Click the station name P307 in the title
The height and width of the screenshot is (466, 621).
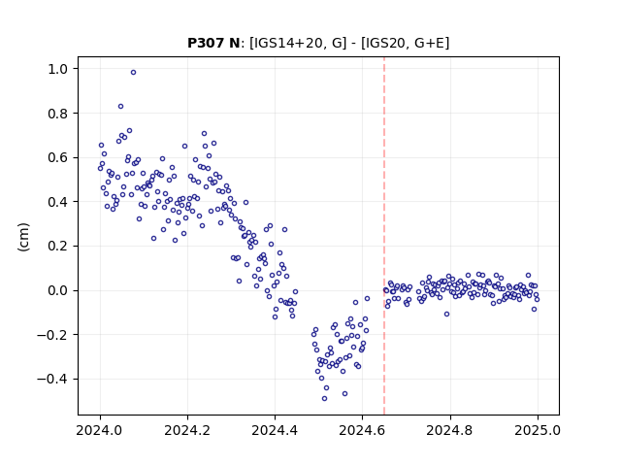[x=207, y=43]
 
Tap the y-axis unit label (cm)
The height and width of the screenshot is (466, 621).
[x=23, y=237]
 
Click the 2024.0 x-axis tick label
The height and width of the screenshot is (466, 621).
[x=100, y=430]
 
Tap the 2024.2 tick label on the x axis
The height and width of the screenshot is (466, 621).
[x=187, y=430]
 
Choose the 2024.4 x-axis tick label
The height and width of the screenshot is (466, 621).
[x=275, y=430]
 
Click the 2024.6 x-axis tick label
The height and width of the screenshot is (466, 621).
[x=362, y=430]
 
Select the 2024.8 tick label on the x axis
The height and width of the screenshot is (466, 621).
[x=449, y=430]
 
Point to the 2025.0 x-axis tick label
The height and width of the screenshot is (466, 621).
[x=538, y=430]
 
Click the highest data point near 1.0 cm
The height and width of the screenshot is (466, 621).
[x=134, y=73]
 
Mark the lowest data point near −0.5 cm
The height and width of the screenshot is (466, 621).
[x=324, y=399]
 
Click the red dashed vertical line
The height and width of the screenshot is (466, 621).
[x=384, y=236]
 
